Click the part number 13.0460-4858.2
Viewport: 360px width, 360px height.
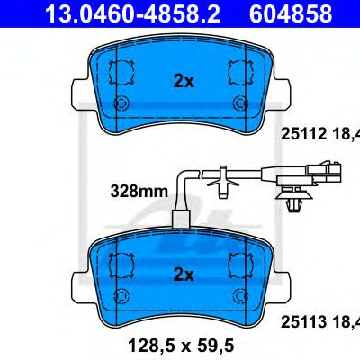pyautogui.click(x=132, y=13)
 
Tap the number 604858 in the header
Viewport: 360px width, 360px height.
pyautogui.click(x=291, y=13)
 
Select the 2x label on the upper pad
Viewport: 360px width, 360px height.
pyautogui.click(x=184, y=81)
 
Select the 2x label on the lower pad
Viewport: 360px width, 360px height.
pyautogui.click(x=184, y=274)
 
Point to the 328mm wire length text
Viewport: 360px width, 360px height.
pyautogui.click(x=139, y=191)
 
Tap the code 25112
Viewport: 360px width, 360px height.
pyautogui.click(x=303, y=134)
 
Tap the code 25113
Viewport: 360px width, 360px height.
pyautogui.click(x=303, y=322)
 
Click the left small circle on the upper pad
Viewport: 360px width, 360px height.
pyautogui.click(x=121, y=103)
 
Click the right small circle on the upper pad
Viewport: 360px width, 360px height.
pyautogui.click(x=240, y=103)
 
